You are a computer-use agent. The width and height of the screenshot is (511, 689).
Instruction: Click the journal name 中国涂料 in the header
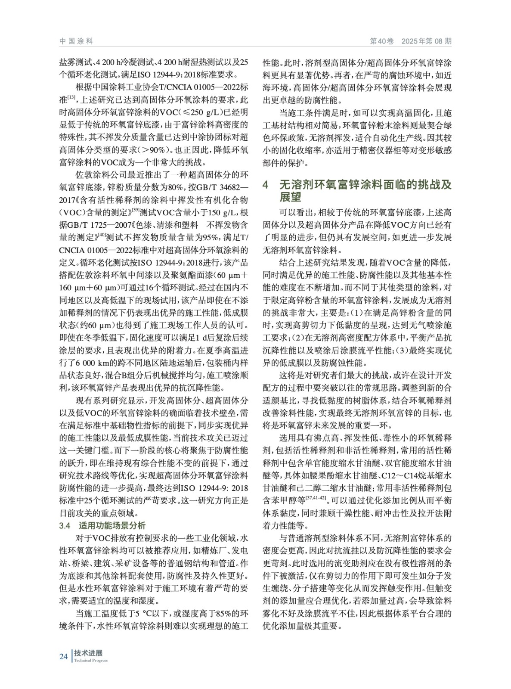(76, 41)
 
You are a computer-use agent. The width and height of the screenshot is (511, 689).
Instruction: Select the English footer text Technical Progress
(91, 661)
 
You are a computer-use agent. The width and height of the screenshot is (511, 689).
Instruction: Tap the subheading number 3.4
(65, 525)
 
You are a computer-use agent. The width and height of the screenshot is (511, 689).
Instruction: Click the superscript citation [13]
(72, 99)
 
